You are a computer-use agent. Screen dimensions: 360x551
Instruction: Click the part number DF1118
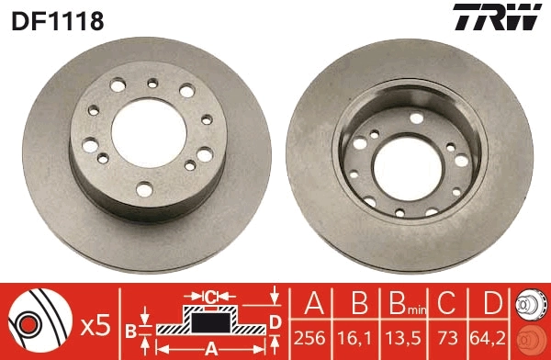56,19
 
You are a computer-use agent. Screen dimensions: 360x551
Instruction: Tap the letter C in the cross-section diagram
210,296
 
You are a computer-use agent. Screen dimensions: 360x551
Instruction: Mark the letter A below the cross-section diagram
209,348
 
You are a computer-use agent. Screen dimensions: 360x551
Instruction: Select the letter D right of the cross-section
275,320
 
